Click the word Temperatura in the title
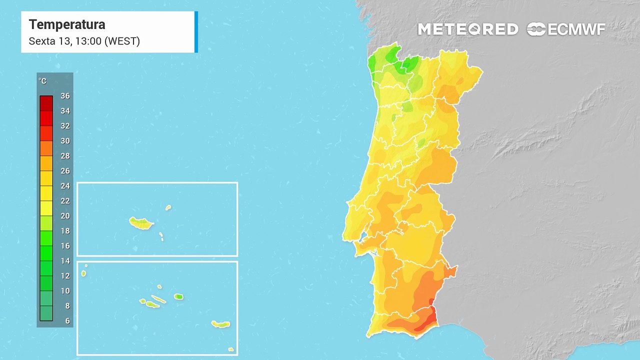click(x=67, y=24)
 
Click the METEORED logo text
click(x=468, y=29)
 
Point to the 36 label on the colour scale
click(x=65, y=96)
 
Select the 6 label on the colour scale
click(x=67, y=321)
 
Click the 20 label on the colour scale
click(x=65, y=216)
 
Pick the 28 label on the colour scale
click(x=65, y=156)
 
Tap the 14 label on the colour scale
click(x=65, y=261)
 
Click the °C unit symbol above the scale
click(x=42, y=81)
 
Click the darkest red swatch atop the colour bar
click(x=46, y=103)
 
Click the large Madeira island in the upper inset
click(x=140, y=223)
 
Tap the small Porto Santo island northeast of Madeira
click(x=168, y=207)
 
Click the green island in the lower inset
click(x=178, y=296)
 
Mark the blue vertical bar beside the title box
click(x=196, y=31)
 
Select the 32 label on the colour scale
click(x=65, y=126)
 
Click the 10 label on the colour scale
click(x=65, y=291)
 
